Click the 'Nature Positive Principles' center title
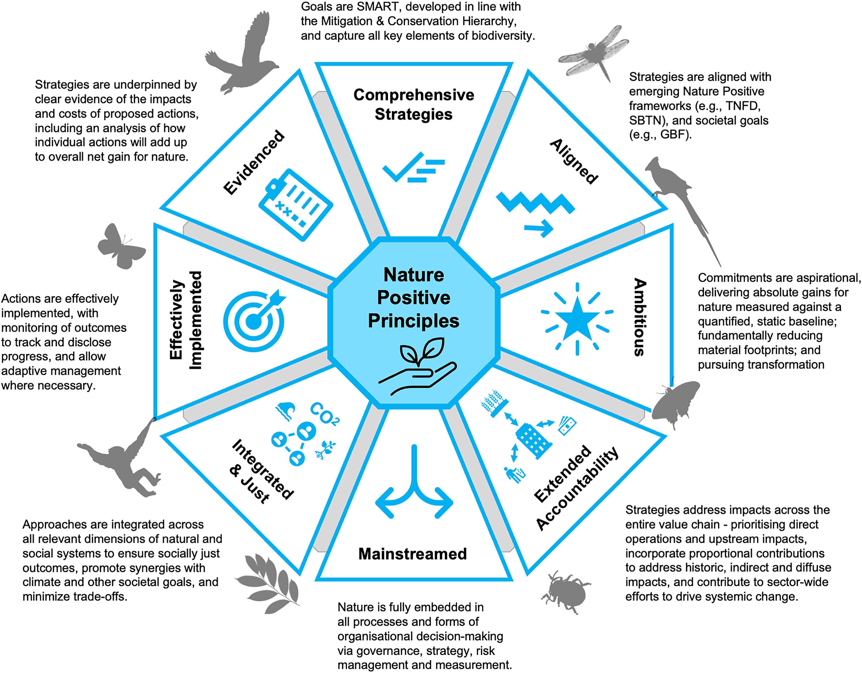(414, 298)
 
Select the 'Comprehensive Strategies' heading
(414, 104)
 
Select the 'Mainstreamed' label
(412, 554)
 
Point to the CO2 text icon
(324, 414)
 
